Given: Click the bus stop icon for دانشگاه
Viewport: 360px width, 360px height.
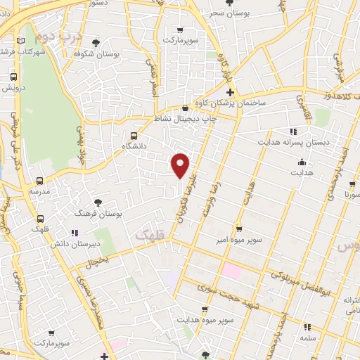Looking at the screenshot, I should point(134,136).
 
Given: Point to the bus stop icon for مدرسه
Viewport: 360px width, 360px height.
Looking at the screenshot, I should point(39,180).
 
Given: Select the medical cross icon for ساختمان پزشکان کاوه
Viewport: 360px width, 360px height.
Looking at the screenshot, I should point(229,93).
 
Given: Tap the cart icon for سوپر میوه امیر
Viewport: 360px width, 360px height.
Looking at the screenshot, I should point(239,229).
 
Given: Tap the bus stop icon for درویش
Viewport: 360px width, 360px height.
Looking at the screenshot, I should point(13,77).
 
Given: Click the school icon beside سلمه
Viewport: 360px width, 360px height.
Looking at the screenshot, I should point(307,327).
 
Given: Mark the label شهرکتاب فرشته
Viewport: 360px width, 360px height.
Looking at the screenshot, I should point(19,51).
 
